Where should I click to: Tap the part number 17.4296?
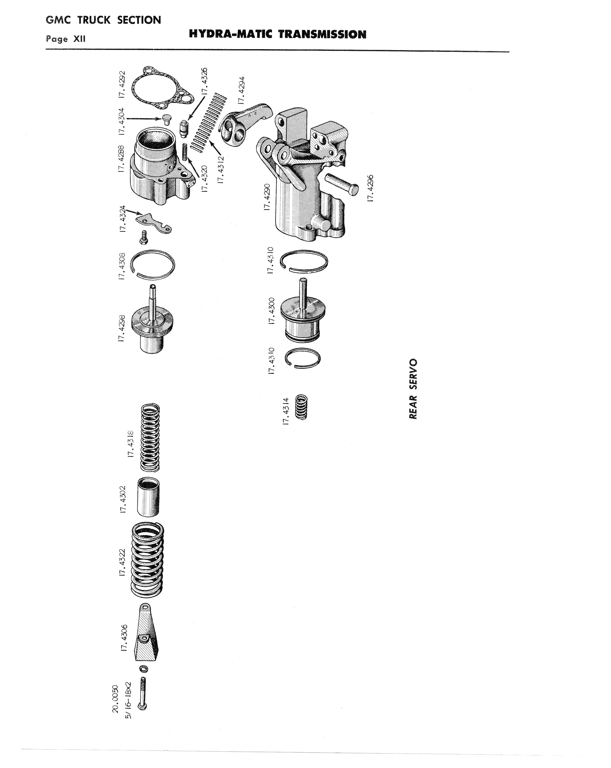click(370, 188)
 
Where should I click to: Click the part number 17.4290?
click(267, 197)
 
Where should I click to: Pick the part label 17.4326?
click(204, 81)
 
